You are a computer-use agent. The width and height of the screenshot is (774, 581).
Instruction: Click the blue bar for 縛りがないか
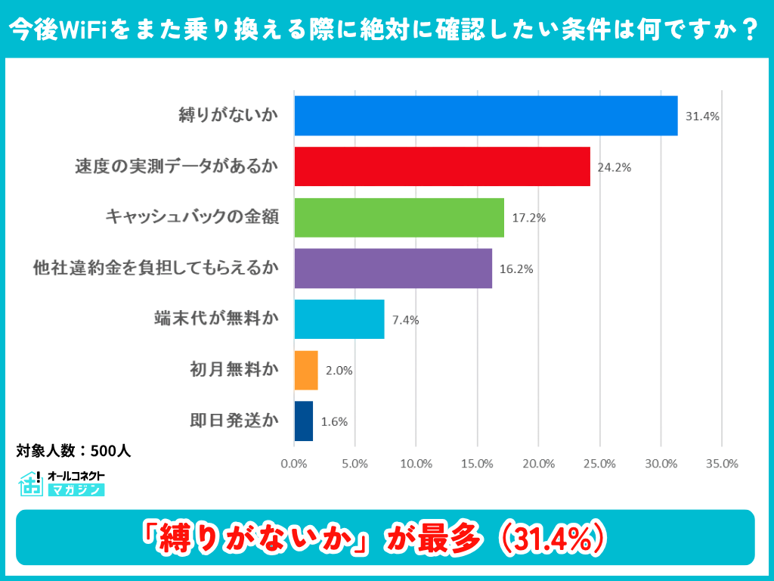485,116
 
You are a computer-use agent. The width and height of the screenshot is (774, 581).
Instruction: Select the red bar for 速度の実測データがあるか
441,166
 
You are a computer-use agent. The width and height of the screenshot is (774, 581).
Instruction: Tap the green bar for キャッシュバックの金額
398,217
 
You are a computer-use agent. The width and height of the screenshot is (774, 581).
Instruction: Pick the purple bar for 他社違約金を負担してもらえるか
392,269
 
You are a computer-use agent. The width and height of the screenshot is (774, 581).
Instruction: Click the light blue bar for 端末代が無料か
339,319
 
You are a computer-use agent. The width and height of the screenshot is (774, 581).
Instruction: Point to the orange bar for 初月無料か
305,370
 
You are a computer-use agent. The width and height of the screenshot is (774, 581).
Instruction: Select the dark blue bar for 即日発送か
303,421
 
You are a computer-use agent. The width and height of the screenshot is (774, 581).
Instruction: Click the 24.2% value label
614,167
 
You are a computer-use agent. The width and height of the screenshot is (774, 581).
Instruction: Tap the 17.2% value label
528,218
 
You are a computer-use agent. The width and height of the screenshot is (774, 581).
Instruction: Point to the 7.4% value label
405,320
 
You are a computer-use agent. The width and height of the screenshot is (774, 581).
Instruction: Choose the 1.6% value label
334,422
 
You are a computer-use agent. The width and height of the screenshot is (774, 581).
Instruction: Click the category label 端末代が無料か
215,319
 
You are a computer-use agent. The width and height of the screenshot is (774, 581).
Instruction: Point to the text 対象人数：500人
73,451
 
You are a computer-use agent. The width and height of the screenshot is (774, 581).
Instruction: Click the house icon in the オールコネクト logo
31,483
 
